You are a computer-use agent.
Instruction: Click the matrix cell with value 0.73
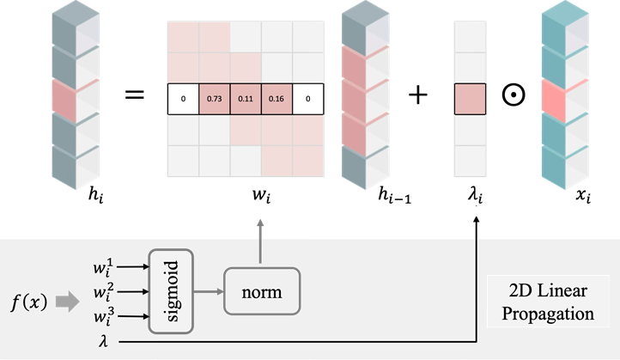(x=215, y=99)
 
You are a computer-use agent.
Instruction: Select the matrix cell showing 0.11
(x=246, y=99)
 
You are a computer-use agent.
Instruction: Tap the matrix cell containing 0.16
(x=277, y=99)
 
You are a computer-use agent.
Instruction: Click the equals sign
(x=135, y=95)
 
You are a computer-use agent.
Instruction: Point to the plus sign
(x=418, y=95)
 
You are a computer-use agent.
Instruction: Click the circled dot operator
(x=514, y=95)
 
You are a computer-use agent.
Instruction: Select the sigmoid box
(x=171, y=291)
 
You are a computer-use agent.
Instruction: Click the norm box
(x=262, y=291)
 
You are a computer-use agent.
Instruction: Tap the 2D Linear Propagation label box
(x=548, y=302)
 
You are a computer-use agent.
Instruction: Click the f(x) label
(x=29, y=302)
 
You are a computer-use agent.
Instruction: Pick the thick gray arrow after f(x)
(x=68, y=302)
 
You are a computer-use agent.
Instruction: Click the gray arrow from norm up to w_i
(x=260, y=241)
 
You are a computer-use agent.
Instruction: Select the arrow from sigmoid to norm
(x=209, y=291)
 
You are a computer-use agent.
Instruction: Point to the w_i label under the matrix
(x=261, y=195)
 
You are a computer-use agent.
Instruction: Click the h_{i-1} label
(x=395, y=195)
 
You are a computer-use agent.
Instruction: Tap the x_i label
(x=583, y=195)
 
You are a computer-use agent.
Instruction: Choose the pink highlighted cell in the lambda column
(x=470, y=99)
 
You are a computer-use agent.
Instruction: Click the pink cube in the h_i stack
(x=76, y=101)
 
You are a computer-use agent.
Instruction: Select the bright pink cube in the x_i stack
(x=565, y=101)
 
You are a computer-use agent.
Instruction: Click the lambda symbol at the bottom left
(x=104, y=341)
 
